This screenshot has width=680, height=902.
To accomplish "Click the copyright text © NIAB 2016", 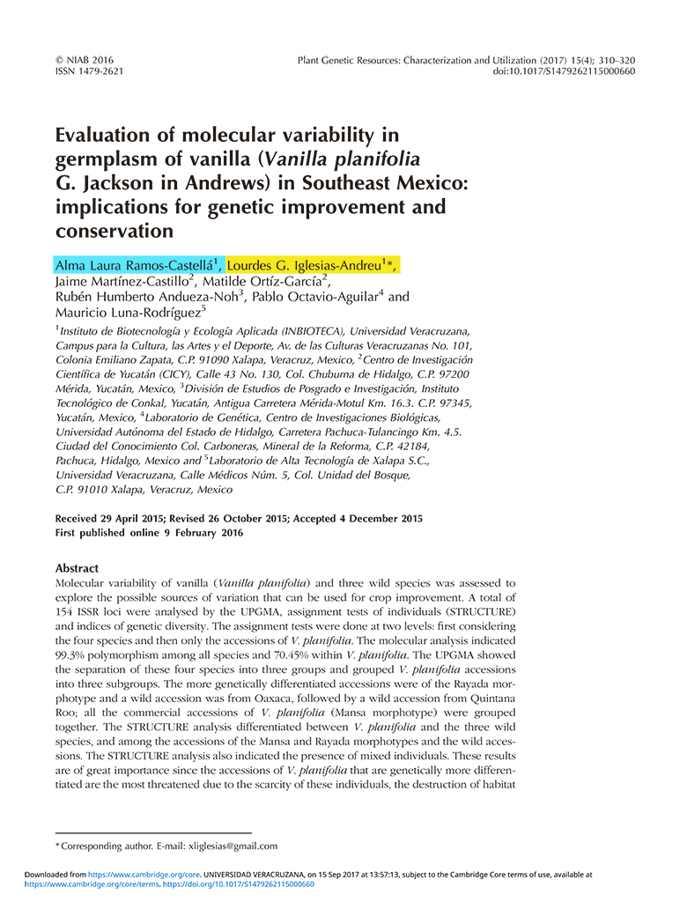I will point(85,60).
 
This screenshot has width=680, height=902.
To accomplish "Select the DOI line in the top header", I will point(564,72).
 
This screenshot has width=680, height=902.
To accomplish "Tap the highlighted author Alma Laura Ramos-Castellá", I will point(137,264).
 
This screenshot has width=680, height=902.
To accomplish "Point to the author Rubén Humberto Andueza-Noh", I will point(149,297).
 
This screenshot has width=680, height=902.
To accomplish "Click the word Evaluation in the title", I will point(111,135).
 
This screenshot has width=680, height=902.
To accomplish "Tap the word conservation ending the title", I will point(113,232).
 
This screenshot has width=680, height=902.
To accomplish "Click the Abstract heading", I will point(78,568).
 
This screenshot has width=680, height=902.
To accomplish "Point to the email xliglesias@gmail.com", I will point(233,846).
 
